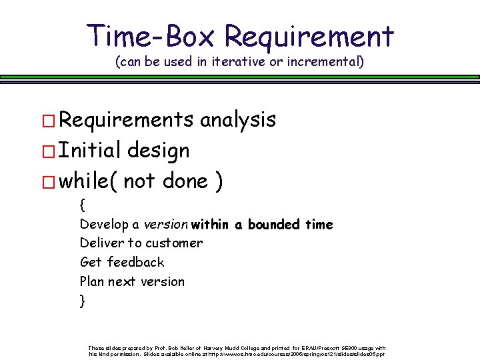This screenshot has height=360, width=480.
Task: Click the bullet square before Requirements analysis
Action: (x=49, y=121)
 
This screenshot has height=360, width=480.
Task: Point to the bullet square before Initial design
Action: (x=49, y=152)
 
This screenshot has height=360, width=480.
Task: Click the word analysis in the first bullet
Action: (x=237, y=120)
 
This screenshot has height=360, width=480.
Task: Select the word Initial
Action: (x=91, y=151)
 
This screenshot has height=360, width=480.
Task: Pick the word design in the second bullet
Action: (x=160, y=151)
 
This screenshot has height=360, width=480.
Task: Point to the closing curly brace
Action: (x=82, y=301)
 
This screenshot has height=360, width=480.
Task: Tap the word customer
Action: (x=174, y=243)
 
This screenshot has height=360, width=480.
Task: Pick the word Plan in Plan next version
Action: (x=92, y=281)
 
